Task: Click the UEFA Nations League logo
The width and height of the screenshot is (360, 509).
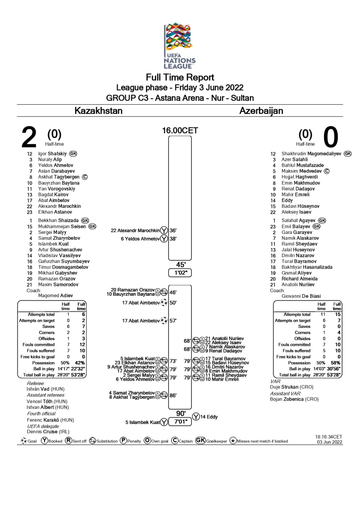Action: coord(179,46)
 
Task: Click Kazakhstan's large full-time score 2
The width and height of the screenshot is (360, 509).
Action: coord(29,137)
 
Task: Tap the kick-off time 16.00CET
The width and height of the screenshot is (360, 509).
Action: coord(180,131)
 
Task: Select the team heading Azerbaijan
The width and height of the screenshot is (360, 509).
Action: coord(261,111)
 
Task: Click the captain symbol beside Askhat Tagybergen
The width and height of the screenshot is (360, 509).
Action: coord(85,177)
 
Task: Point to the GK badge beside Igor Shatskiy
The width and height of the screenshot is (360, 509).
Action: coord(73,154)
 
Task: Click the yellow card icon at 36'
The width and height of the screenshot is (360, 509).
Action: coord(164,230)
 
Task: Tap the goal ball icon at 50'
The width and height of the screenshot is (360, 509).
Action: coord(164,303)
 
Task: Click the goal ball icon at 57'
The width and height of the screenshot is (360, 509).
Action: coord(164,321)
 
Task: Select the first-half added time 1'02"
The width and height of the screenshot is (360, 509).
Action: coord(180,273)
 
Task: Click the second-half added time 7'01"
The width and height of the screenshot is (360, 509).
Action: coord(180,422)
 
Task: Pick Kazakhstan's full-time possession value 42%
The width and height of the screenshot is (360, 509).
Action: coord(80,363)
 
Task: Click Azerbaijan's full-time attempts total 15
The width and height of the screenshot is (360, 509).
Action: coord(338,314)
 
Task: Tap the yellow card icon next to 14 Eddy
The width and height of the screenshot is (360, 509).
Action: coord(196,417)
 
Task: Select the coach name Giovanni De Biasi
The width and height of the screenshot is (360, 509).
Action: coord(301,296)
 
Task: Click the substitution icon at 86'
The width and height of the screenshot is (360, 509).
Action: coord(164,395)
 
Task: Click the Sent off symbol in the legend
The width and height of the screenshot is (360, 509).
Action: coord(68,441)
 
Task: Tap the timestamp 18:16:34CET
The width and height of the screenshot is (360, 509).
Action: coord(329,437)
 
